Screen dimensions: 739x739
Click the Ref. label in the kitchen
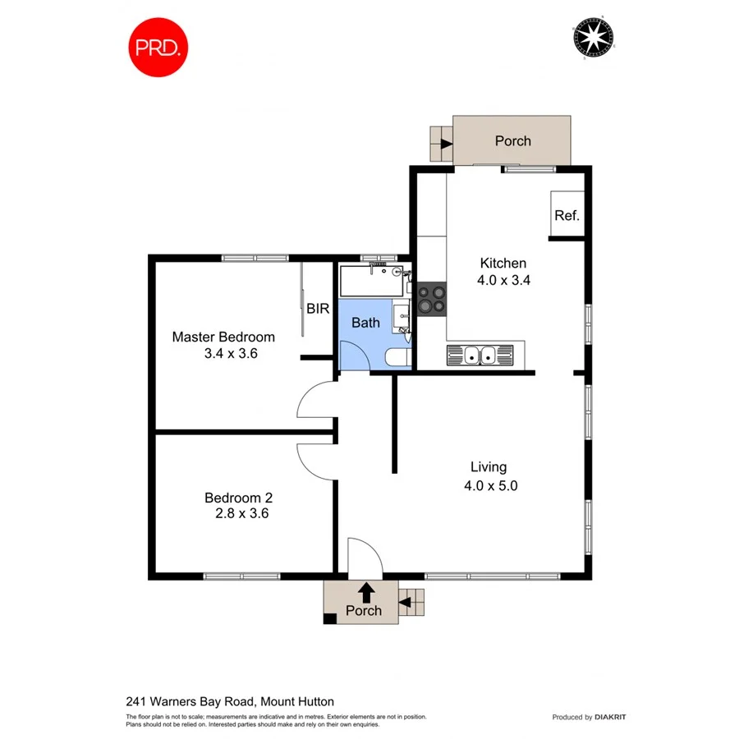tap(567, 216)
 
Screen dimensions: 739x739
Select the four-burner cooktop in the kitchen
tap(431, 298)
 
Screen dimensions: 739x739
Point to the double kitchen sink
tap(479, 356)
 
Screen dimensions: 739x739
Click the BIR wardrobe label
tap(318, 310)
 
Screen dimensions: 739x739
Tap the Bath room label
tap(365, 323)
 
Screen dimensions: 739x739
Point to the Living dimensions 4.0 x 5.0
tap(489, 485)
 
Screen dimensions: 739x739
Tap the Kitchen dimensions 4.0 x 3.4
tap(503, 280)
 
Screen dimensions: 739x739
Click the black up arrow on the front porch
tap(365, 591)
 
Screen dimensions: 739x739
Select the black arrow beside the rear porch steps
tap(446, 144)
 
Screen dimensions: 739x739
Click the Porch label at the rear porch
tap(512, 141)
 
